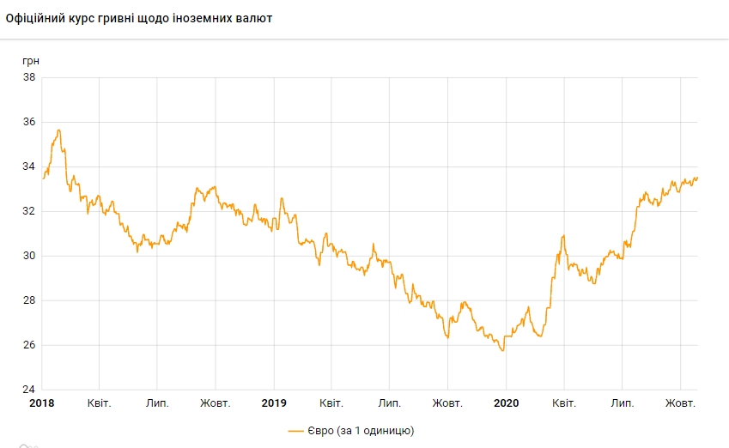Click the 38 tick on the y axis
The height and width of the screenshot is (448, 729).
coord(28,77)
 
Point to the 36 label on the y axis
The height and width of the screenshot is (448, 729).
coord(28,122)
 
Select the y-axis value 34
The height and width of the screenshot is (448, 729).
coord(28,166)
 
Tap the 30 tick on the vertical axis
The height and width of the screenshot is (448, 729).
coord(28,256)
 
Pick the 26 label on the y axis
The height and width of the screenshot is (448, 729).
coord(28,345)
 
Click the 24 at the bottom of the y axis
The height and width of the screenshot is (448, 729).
coord(28,390)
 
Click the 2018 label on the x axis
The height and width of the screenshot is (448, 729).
coord(41,403)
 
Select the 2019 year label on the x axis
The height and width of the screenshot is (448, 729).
coord(274,403)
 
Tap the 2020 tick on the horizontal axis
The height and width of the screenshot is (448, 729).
coord(507,403)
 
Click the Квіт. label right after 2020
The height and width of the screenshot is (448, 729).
coord(564,403)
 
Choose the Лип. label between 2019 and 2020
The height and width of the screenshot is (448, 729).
coord(390,403)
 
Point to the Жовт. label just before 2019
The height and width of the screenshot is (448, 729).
coord(215,403)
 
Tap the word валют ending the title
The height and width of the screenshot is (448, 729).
coord(255,18)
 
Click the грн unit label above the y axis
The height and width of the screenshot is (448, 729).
coord(31,61)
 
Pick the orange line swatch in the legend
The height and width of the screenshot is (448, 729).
coord(297,430)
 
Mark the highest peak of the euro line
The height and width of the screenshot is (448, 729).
coord(58,130)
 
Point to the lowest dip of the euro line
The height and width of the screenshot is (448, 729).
coord(502,351)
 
